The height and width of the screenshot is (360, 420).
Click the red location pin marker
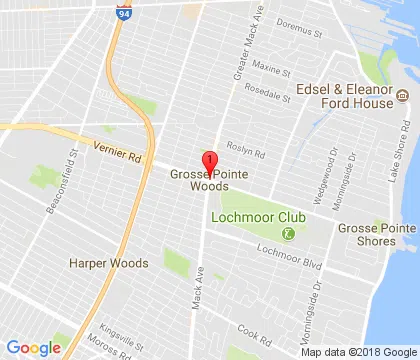[209, 163]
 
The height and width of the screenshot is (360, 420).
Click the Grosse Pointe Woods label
[209, 179]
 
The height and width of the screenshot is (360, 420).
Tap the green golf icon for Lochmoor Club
[288, 235]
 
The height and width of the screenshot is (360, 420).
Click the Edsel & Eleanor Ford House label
[341, 96]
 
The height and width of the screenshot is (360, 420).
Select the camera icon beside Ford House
[402, 96]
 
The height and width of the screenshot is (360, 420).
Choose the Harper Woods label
[108, 263]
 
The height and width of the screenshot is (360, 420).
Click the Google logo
[33, 347]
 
